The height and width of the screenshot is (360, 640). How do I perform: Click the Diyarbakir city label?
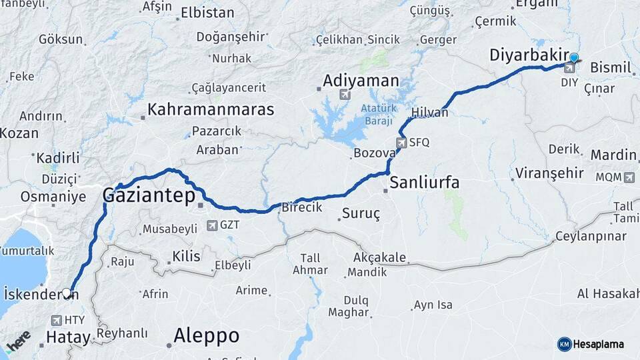click(x=529, y=55)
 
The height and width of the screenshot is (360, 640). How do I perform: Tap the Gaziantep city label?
click(x=148, y=195)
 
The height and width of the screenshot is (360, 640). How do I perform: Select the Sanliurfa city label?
click(x=425, y=182)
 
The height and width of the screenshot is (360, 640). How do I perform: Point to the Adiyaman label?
click(x=361, y=81)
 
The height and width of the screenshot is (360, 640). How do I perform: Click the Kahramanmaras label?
click(x=211, y=109)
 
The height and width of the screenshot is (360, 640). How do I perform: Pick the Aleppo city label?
click(x=206, y=335)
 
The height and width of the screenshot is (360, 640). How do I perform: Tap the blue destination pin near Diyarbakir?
click(x=574, y=59)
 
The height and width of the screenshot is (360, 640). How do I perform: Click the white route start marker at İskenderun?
click(x=67, y=293)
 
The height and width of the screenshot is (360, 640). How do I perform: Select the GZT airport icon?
click(x=212, y=225)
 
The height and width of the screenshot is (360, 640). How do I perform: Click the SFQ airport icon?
click(x=401, y=142)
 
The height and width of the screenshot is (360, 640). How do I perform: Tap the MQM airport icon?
click(x=629, y=177)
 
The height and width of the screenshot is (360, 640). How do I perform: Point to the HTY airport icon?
click(x=56, y=321)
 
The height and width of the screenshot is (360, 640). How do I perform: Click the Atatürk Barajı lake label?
click(x=378, y=115)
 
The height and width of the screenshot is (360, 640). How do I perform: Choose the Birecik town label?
click(x=302, y=208)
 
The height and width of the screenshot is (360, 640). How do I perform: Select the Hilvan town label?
click(x=430, y=112)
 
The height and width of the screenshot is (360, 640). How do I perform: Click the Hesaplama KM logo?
click(x=590, y=344)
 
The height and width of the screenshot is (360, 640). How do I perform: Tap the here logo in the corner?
click(x=18, y=342)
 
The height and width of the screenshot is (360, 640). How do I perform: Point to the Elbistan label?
click(x=208, y=13)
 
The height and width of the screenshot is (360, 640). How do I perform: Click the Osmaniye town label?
click(x=53, y=197)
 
